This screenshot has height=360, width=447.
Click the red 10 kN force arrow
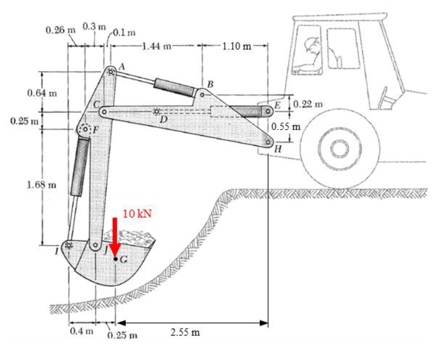click(x=114, y=236)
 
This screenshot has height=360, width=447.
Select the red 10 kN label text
click(x=136, y=213)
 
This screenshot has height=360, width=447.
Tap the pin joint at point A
click(x=111, y=71)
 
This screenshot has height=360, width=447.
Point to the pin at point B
click(x=202, y=94)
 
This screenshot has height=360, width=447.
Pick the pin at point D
click(x=157, y=112)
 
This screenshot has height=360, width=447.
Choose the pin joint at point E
click(x=268, y=111)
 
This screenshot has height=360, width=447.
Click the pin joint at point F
click(x=84, y=130)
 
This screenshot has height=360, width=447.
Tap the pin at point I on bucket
click(x=68, y=246)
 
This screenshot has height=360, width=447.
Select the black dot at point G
click(x=115, y=259)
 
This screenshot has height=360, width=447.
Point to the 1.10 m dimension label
click(x=237, y=46)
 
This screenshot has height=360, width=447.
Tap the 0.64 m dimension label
click(x=41, y=92)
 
